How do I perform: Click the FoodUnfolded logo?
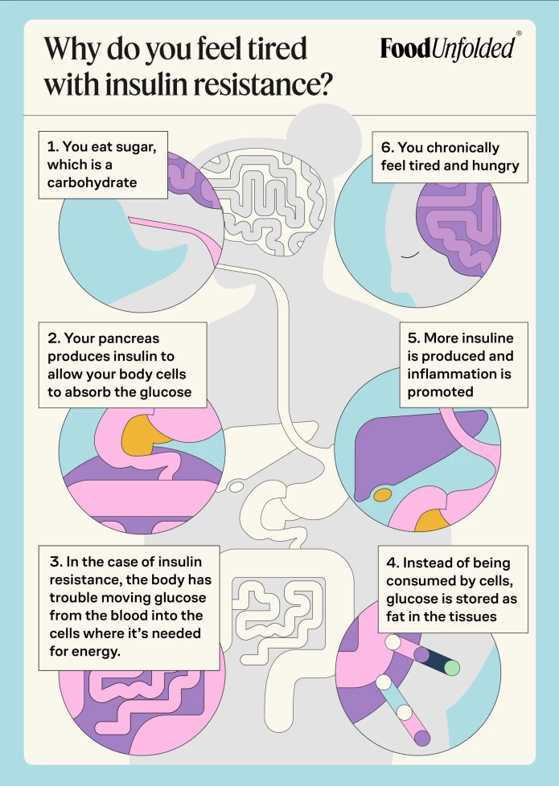coord(448,48)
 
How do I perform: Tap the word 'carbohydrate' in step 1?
coord(92,182)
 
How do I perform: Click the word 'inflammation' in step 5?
coord(450,374)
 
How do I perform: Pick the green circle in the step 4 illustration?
coord(452,667)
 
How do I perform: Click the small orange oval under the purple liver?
coord(383,495)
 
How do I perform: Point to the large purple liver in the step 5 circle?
coord(418,450)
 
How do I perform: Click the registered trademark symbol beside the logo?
coord(519,34)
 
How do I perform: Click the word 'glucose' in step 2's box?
coord(164,391)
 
